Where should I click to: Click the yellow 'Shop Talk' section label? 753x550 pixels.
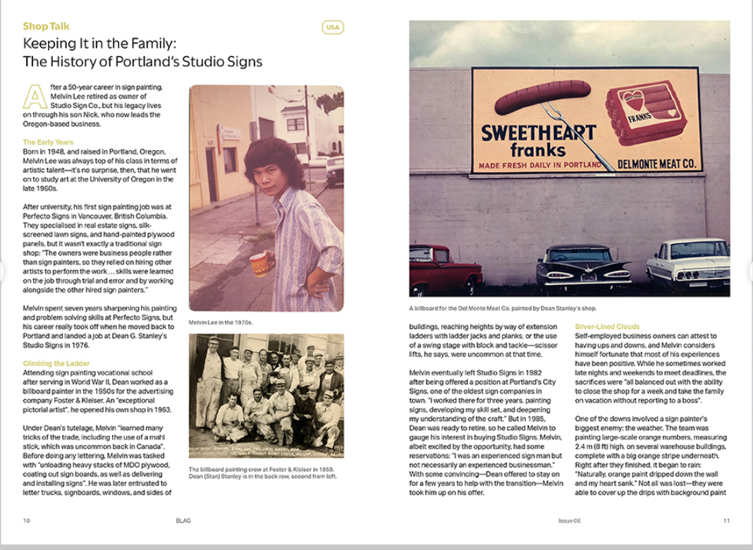tap(46, 26)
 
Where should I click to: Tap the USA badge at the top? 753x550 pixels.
tap(332, 28)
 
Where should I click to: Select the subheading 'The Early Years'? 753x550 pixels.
tap(48, 142)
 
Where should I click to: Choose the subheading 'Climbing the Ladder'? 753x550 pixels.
tap(56, 363)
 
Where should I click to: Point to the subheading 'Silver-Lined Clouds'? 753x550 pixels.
tap(607, 327)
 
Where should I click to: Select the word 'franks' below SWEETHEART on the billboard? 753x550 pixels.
tap(539, 150)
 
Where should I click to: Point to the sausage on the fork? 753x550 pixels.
tap(542, 97)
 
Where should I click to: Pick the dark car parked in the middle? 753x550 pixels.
tap(583, 267)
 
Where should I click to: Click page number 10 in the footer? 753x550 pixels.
tap(26, 520)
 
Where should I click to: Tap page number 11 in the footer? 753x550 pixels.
tap(726, 520)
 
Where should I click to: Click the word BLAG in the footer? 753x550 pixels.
tap(183, 520)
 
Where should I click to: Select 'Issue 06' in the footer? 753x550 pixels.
tap(569, 520)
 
